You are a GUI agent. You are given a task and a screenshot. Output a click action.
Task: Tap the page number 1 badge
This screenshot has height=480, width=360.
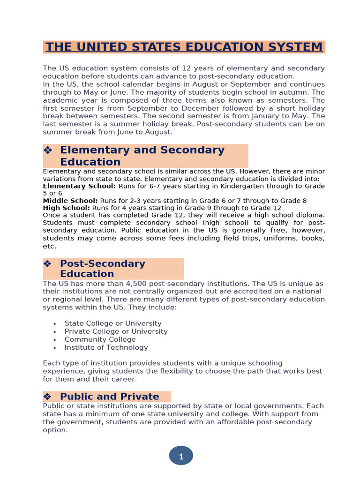[181, 456]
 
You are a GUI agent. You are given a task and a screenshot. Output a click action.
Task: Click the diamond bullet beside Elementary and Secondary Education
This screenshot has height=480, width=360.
[47, 150]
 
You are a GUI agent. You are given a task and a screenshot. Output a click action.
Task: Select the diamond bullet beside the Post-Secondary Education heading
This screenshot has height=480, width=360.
[47, 263]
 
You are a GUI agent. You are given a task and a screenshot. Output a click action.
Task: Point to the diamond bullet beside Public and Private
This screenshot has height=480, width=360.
[47, 397]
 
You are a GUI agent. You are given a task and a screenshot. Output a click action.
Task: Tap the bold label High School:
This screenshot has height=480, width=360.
[66, 208]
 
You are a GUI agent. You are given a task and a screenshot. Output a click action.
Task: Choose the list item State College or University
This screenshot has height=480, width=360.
[112, 323]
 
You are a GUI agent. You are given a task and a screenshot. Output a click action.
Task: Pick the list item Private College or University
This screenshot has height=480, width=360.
[116, 331]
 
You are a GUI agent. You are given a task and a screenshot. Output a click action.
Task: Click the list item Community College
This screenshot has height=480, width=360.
[100, 339]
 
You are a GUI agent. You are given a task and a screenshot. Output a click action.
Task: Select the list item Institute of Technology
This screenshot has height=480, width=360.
[106, 347]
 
